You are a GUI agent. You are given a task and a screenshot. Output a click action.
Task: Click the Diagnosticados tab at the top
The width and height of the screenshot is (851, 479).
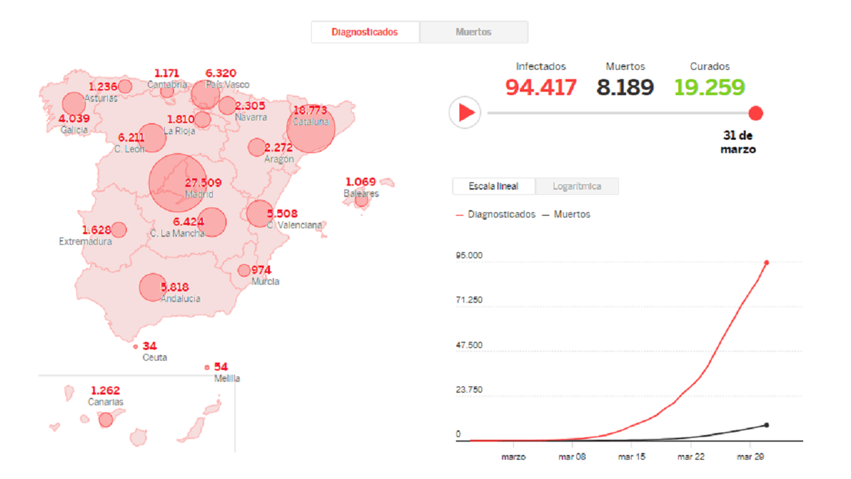pos(365,32)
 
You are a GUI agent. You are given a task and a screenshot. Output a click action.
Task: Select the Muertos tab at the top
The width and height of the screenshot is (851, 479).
pos(473,32)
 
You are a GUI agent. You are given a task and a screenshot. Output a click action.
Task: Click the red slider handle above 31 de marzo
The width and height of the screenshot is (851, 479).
pos(755,113)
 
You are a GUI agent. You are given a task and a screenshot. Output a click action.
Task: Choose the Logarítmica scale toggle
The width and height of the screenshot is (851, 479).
pos(576,186)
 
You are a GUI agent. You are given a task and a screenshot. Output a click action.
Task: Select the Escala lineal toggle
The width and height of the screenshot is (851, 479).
pos(493,186)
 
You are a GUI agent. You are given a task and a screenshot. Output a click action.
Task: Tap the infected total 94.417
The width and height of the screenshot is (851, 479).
pos(541,87)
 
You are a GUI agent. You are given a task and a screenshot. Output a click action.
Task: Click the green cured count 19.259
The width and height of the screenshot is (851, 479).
pos(709,87)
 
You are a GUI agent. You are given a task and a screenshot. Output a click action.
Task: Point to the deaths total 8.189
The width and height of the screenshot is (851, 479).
pos(625,87)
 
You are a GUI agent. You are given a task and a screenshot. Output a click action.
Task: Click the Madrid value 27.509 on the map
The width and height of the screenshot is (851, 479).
pos(203,183)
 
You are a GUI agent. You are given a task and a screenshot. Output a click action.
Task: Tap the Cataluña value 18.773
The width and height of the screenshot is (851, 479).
pos(310,110)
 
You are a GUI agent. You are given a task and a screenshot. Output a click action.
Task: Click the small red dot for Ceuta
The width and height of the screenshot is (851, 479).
pos(136,347)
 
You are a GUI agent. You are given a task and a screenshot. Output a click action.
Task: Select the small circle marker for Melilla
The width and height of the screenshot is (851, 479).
pos(207,367)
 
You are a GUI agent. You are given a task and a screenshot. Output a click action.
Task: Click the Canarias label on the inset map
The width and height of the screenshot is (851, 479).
pos(106,402)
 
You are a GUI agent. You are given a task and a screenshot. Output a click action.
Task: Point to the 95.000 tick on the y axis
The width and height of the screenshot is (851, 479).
pos(469,255)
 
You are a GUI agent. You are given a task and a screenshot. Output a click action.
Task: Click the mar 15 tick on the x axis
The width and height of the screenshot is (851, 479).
pos(632,457)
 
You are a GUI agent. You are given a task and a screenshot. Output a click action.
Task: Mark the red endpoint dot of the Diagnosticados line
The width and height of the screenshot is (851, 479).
pos(767,263)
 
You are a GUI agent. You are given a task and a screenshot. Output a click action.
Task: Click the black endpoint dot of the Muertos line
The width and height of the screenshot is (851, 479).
pos(767,425)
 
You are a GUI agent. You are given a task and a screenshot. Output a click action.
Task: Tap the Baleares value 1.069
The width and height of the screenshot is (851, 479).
pos(360,182)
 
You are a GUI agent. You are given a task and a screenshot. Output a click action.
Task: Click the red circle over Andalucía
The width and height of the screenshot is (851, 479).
pos(152,287)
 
